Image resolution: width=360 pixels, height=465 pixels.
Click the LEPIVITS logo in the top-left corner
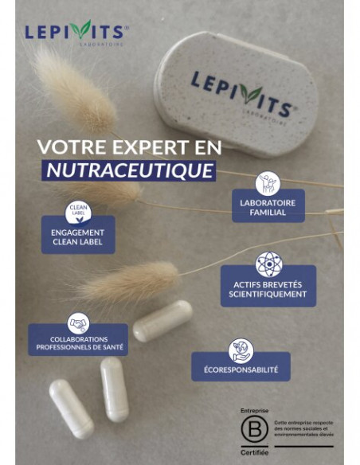tap(76, 32)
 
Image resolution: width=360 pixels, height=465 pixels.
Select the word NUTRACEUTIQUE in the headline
tap(129, 170)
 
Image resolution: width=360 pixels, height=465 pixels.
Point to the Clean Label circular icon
tap(78, 212)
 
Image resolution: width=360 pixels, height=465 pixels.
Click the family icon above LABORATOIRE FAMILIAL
tap(268, 183)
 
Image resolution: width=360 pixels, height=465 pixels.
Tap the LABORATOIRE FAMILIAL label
tap(268, 207)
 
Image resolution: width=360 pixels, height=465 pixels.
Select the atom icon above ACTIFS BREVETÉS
tap(268, 264)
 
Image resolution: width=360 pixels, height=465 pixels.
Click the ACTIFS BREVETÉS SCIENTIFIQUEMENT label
tap(268, 288)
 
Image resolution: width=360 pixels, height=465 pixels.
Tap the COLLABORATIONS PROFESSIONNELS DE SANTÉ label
tap(78, 343)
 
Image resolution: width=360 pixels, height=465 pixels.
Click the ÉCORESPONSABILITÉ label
tap(241, 369)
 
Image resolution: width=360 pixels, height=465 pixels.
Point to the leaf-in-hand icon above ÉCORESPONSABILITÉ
tap(241, 350)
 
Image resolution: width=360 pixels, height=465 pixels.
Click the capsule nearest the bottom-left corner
tap(71, 408)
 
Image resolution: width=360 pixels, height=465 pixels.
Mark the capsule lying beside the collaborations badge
tap(162, 320)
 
